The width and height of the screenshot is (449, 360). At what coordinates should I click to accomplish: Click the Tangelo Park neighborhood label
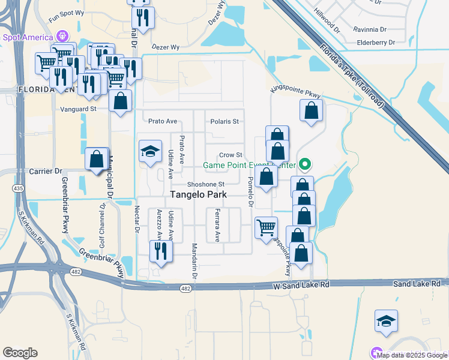click(x=199, y=194)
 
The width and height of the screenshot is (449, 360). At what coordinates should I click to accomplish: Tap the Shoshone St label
click(x=205, y=184)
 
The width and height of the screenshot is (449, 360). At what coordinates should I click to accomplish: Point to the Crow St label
click(x=230, y=155)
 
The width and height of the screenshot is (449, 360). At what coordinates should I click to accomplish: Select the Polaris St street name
click(x=224, y=121)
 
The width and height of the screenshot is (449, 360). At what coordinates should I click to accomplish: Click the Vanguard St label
click(x=79, y=109)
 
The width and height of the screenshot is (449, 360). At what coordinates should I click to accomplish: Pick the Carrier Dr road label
click(x=46, y=171)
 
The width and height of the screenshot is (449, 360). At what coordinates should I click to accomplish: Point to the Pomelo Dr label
click(x=251, y=180)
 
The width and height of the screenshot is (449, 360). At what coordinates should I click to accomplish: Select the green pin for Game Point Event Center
click(x=305, y=163)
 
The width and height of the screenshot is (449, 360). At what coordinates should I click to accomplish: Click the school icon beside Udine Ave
click(x=150, y=151)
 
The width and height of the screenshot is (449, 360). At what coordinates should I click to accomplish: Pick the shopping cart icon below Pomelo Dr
click(x=266, y=227)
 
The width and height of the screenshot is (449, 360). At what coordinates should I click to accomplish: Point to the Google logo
click(x=20, y=352)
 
